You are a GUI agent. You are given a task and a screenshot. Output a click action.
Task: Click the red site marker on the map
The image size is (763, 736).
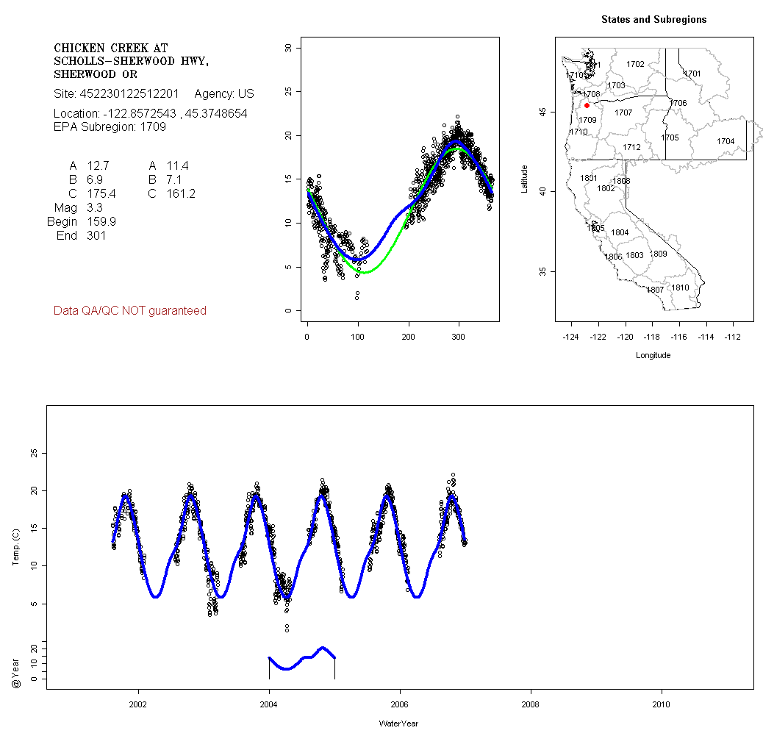coord(587,105)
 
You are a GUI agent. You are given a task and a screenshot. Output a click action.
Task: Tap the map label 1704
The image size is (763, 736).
coord(726,141)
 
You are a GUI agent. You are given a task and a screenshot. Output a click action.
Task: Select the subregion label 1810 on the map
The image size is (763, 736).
coord(681,287)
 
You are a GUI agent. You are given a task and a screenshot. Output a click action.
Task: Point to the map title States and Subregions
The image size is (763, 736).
coord(653,20)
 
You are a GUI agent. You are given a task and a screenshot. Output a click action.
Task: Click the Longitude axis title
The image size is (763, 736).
coord(653,355)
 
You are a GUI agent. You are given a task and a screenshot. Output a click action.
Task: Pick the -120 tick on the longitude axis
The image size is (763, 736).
coord(626,337)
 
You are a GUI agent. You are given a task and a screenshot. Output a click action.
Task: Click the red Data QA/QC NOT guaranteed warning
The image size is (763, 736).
coord(130,311)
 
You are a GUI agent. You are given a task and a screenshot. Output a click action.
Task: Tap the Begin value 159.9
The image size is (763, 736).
coord(101,222)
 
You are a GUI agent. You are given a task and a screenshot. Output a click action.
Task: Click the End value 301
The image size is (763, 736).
coord(96,236)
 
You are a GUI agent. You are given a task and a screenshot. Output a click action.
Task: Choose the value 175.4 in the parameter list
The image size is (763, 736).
coord(101,194)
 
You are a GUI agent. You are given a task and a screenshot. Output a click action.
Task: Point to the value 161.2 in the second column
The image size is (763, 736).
coord(181,194)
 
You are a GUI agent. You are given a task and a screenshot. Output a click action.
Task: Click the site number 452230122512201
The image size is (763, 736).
coord(130,94)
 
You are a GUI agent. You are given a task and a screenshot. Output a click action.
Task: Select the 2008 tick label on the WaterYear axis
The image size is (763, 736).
coord(530,704)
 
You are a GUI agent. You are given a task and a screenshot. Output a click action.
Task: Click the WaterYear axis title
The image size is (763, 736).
coord(398,724)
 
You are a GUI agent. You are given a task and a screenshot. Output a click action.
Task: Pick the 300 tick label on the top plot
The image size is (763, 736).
coord(459,337)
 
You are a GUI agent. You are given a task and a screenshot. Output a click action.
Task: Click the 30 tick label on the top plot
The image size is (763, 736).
coord(288,48)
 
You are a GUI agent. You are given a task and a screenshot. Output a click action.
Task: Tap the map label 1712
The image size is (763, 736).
coord(631,147)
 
